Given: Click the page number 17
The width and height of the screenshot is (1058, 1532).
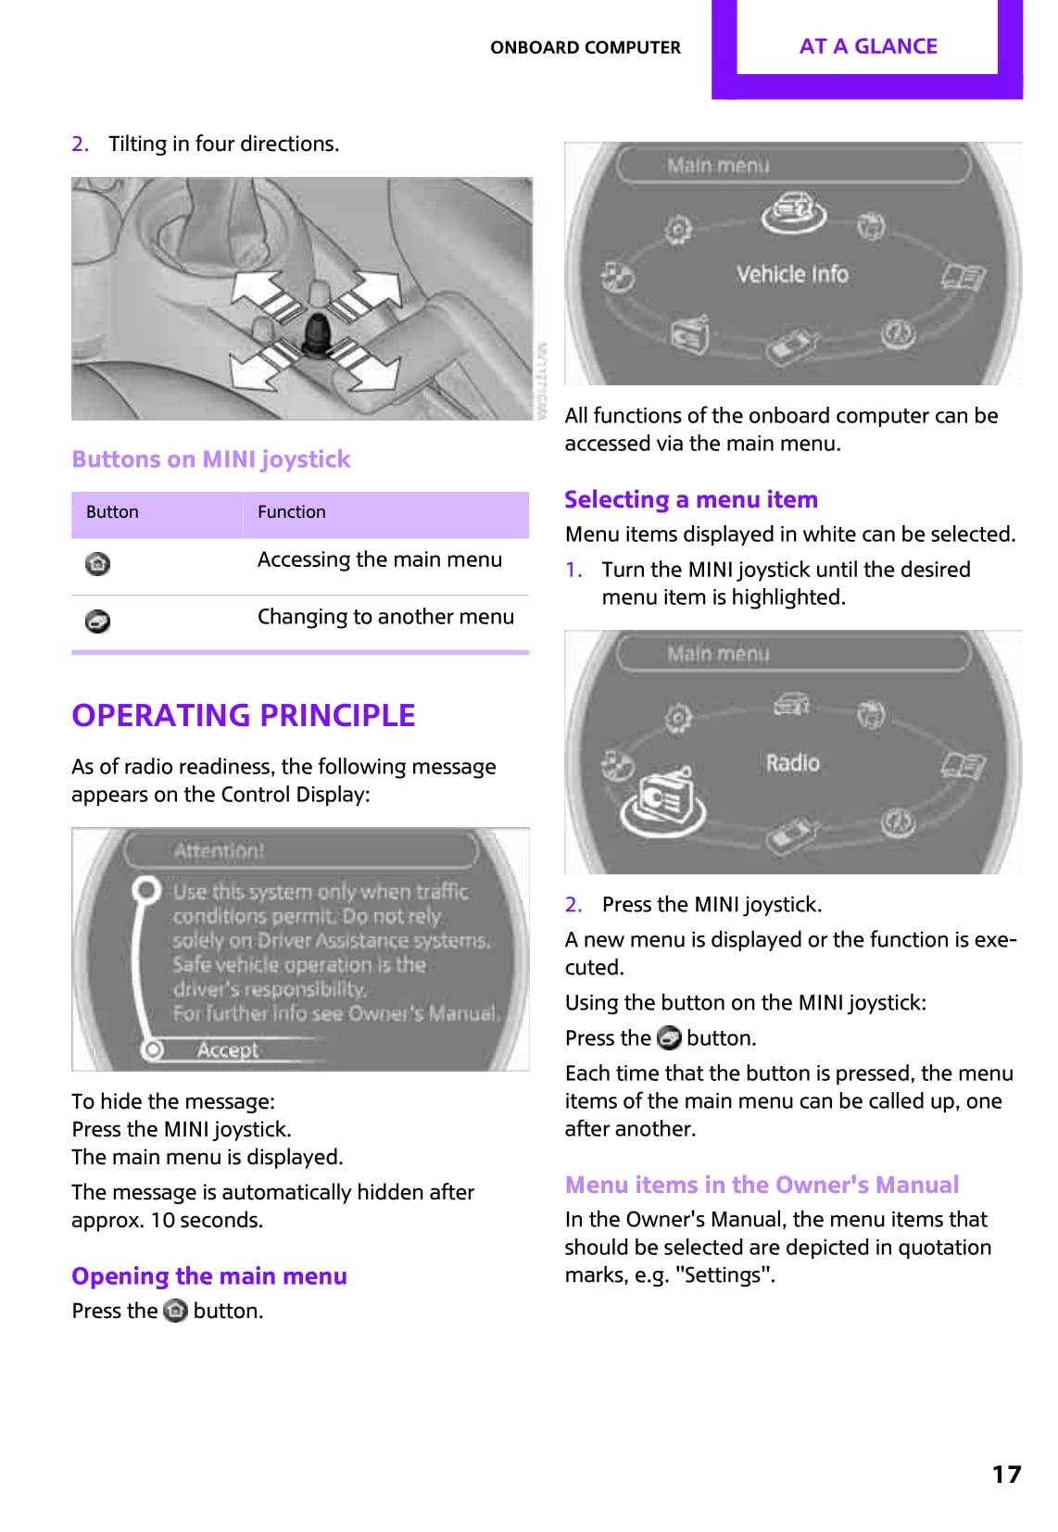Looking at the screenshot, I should click(x=1006, y=1474).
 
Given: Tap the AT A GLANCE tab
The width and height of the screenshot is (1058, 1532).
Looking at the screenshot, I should click(x=867, y=46).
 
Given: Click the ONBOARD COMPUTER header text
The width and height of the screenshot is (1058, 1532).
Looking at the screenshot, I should click(x=585, y=47).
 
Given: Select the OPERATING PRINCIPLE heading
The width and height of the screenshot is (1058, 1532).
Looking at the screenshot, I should click(x=243, y=715).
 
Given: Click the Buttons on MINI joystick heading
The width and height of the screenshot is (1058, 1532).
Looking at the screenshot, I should click(x=210, y=459).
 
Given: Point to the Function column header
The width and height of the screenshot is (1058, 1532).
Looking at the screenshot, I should click(x=291, y=512).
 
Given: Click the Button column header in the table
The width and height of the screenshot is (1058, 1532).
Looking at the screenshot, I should click(x=112, y=512).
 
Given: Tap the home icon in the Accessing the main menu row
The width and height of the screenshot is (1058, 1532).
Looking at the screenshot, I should click(x=97, y=563).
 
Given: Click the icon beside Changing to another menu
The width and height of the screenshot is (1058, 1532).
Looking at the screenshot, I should click(x=97, y=621).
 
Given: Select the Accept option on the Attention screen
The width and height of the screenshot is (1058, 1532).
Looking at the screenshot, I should click(x=227, y=1049).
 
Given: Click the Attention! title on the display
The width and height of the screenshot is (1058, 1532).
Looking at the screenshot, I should click(x=219, y=850).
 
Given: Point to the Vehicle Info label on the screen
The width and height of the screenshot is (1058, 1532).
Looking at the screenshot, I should click(x=792, y=274).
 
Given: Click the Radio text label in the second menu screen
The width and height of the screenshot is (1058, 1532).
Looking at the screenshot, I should click(x=792, y=762).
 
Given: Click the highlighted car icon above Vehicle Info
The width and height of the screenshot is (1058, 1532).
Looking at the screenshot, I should click(x=793, y=212).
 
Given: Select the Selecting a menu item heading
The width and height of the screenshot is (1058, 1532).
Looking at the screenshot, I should click(x=690, y=500).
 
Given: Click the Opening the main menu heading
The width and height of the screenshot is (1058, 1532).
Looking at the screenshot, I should click(x=208, y=1276).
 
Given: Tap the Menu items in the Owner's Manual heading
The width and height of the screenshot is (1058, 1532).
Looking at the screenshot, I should click(x=762, y=1185).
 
